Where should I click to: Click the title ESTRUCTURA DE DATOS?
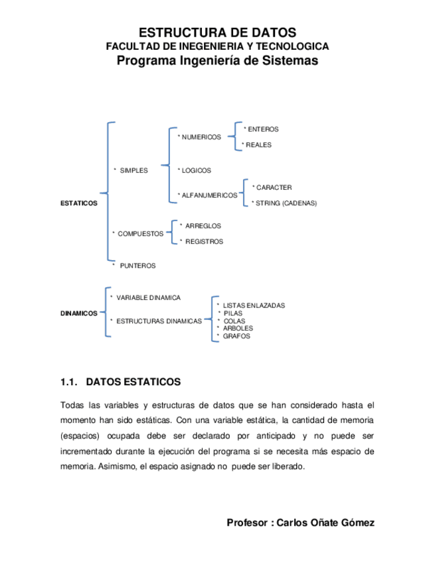pos(217,33)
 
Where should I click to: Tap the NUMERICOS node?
pos(201,137)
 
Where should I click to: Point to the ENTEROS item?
pos(262,129)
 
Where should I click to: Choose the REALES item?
pos(258,144)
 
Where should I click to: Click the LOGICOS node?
pos(196,170)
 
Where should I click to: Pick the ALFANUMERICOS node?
pos(209,195)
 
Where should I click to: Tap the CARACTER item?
pos(274,187)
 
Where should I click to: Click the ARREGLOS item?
pos(203,226)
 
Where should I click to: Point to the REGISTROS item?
pos(204,242)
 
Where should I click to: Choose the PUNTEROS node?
pos(137,266)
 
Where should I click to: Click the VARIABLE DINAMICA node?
pos(148,297)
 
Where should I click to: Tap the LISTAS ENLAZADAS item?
pos(254,305)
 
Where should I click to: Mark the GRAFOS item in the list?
pos(236,336)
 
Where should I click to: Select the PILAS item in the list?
pos(233,313)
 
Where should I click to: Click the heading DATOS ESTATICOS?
pos(133,382)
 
